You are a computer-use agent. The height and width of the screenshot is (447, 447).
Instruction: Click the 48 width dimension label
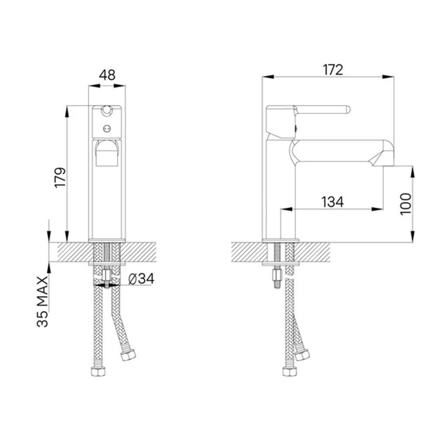click(x=107, y=75)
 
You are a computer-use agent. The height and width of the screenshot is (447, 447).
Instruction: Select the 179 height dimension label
click(x=60, y=177)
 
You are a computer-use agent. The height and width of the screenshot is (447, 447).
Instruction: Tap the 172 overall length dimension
click(x=333, y=70)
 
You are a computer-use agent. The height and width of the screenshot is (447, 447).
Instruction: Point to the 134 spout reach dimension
click(x=332, y=202)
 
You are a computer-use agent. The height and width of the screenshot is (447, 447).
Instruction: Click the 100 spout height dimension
click(x=406, y=204)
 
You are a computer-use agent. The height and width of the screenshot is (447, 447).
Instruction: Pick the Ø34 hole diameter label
click(x=141, y=279)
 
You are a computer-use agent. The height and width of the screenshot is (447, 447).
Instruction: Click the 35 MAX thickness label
click(x=43, y=301)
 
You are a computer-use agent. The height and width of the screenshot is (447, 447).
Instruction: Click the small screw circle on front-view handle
click(x=107, y=129)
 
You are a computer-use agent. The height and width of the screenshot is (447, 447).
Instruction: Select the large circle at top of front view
click(x=107, y=110)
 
